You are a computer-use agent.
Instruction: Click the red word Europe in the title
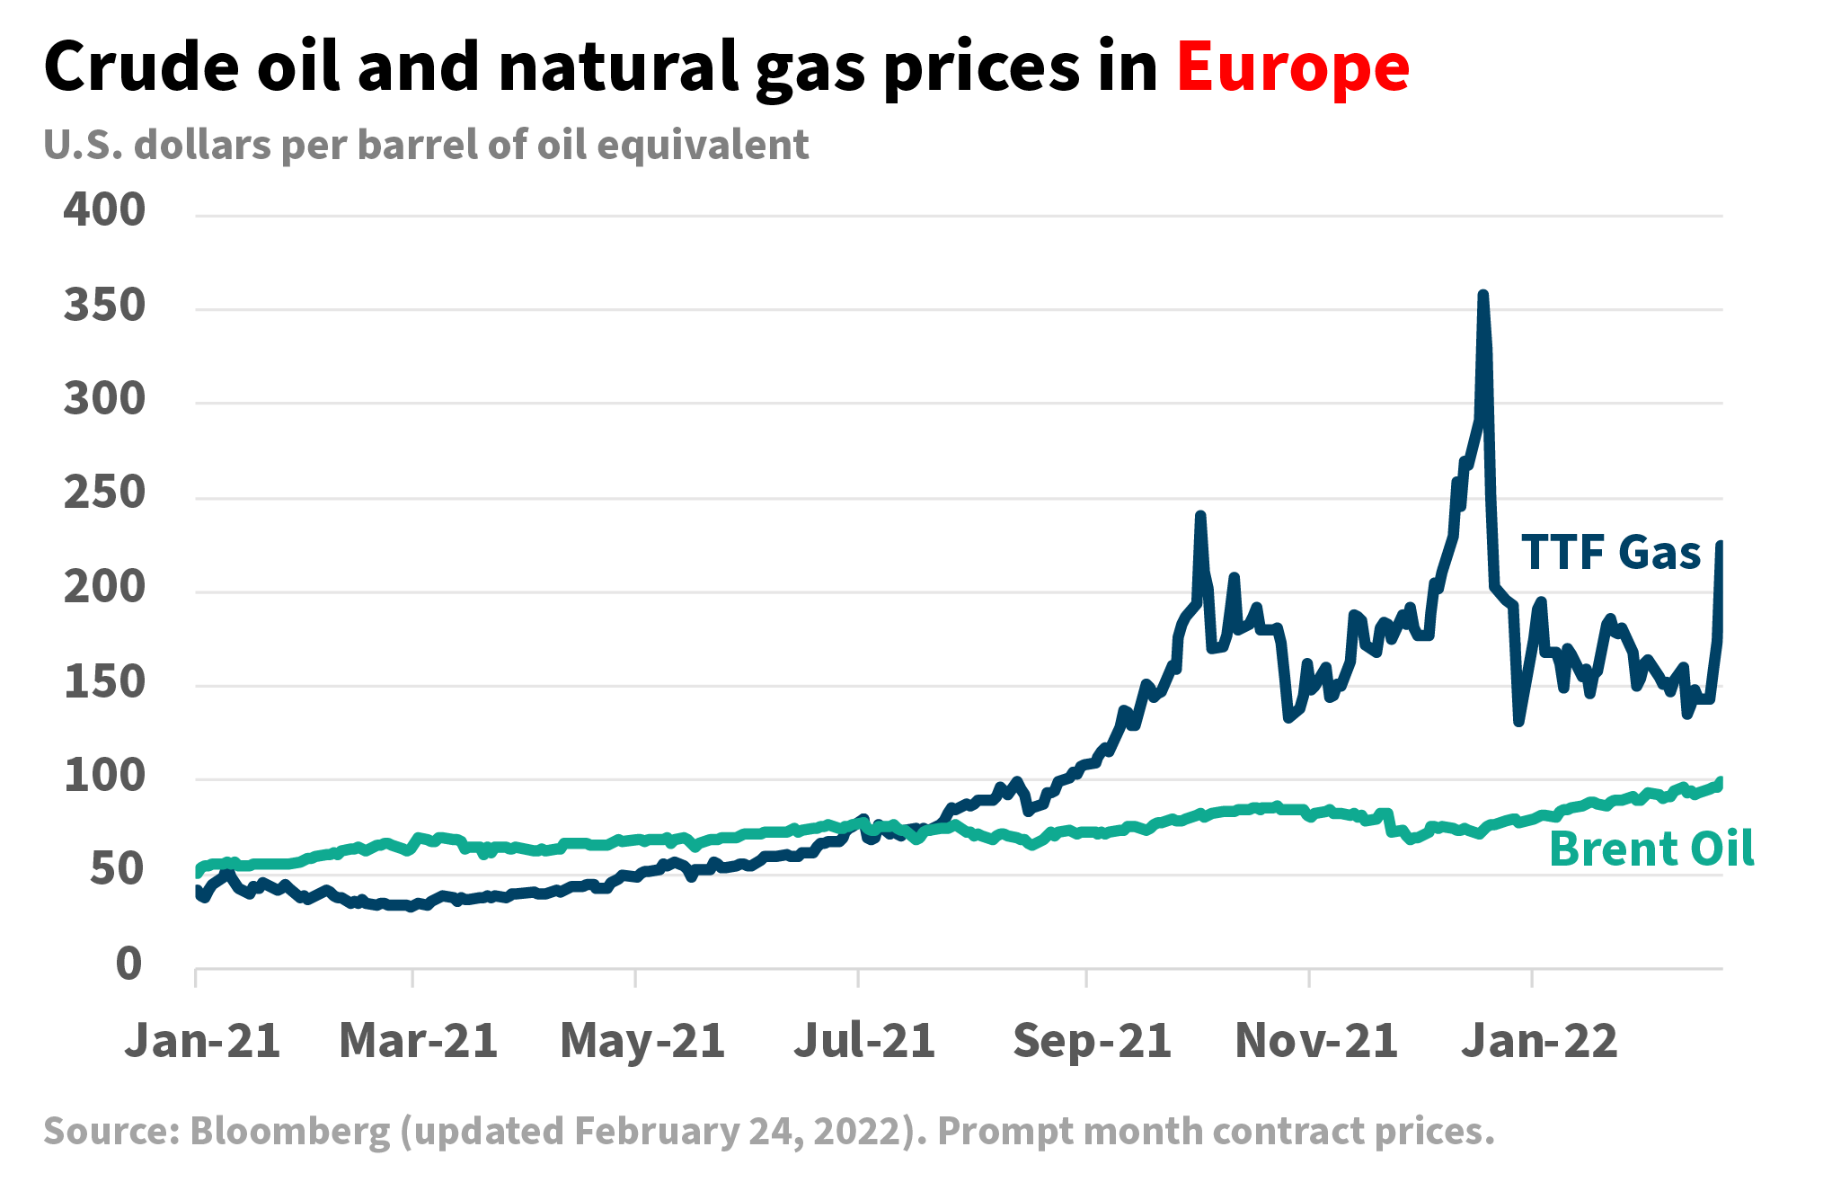(x=1292, y=68)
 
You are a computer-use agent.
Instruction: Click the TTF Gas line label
(x=1610, y=552)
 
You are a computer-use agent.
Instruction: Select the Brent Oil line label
(x=1651, y=849)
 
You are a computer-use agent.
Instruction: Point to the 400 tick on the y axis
(x=104, y=209)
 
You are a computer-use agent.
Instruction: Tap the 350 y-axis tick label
(x=104, y=306)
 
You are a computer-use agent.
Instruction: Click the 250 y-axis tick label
(x=104, y=493)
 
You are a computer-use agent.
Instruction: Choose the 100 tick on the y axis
(x=104, y=775)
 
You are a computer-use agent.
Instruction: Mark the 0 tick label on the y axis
(x=128, y=964)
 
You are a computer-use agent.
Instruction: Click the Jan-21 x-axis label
(x=202, y=1041)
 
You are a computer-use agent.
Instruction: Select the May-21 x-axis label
(x=642, y=1041)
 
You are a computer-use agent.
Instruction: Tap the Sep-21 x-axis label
(x=1092, y=1041)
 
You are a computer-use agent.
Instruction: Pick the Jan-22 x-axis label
(x=1538, y=1041)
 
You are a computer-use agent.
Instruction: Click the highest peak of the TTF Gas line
(x=1482, y=295)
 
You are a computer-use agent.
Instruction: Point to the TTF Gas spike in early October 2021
(x=1200, y=516)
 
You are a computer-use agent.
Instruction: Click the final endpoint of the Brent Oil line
(x=1721, y=781)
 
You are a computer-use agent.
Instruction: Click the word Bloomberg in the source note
(x=290, y=1131)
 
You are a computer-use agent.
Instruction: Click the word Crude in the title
(x=141, y=68)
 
